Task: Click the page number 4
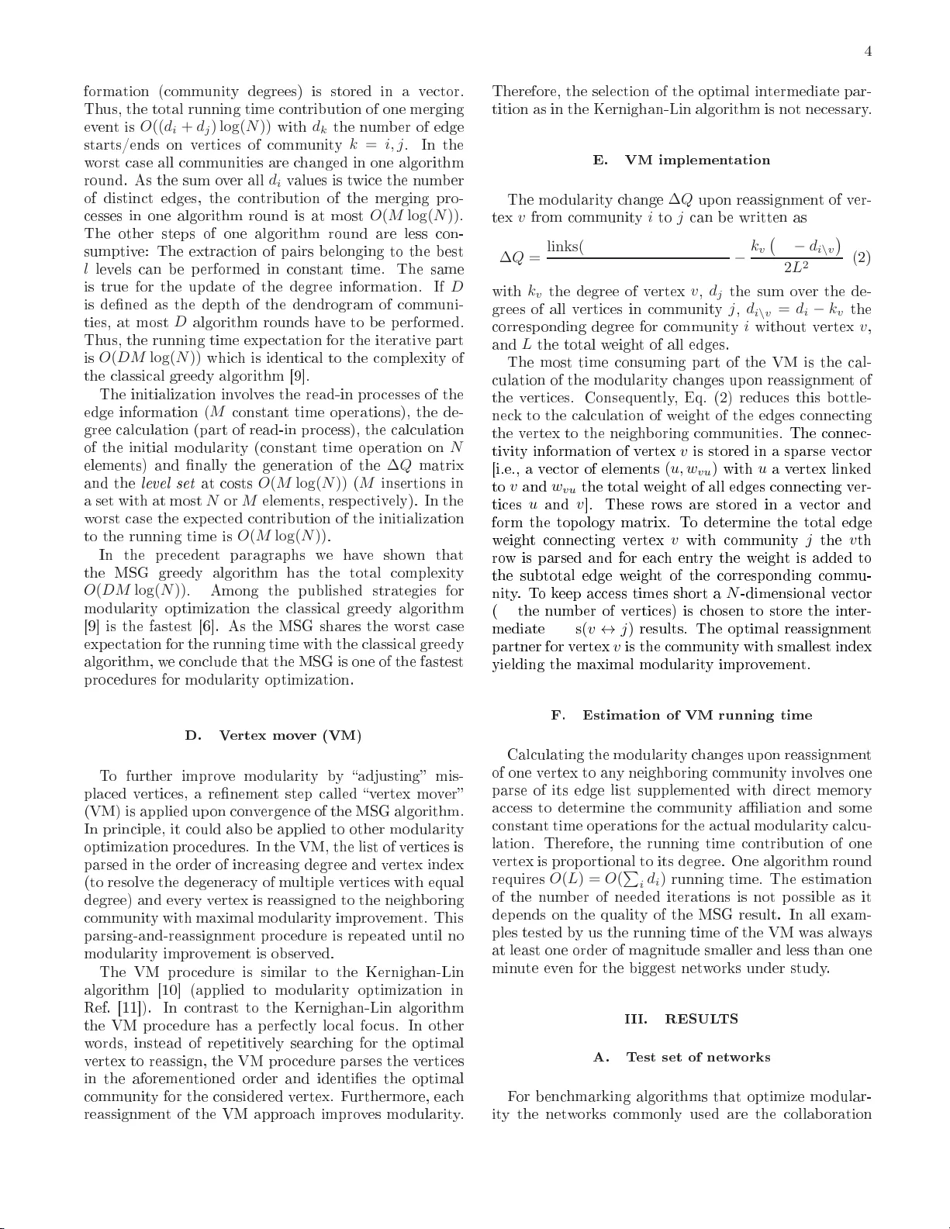point(869,52)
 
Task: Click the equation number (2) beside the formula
point(862,257)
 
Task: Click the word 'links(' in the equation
point(565,247)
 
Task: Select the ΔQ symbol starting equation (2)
point(513,257)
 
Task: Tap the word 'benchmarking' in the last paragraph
point(583,1097)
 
